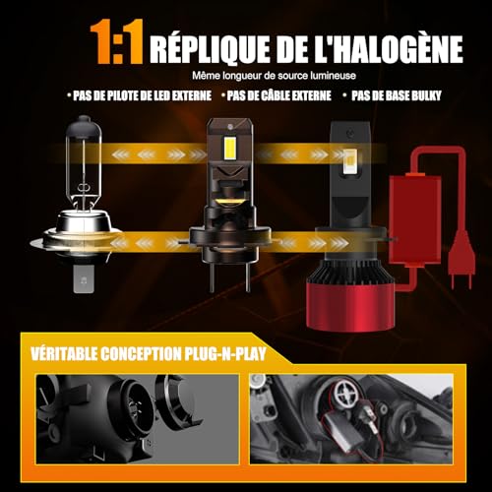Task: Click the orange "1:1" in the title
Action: click(115, 46)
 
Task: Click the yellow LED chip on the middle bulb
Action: click(225, 148)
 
